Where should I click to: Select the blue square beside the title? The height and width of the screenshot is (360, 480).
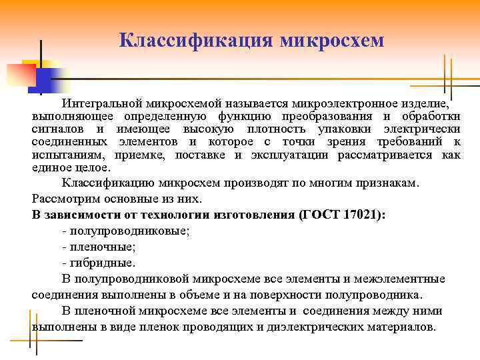click(x=41, y=80)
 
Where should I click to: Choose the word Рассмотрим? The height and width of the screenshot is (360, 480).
click(x=65, y=199)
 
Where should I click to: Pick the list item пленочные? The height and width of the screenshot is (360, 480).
click(x=101, y=247)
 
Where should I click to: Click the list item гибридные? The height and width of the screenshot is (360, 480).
click(x=101, y=263)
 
